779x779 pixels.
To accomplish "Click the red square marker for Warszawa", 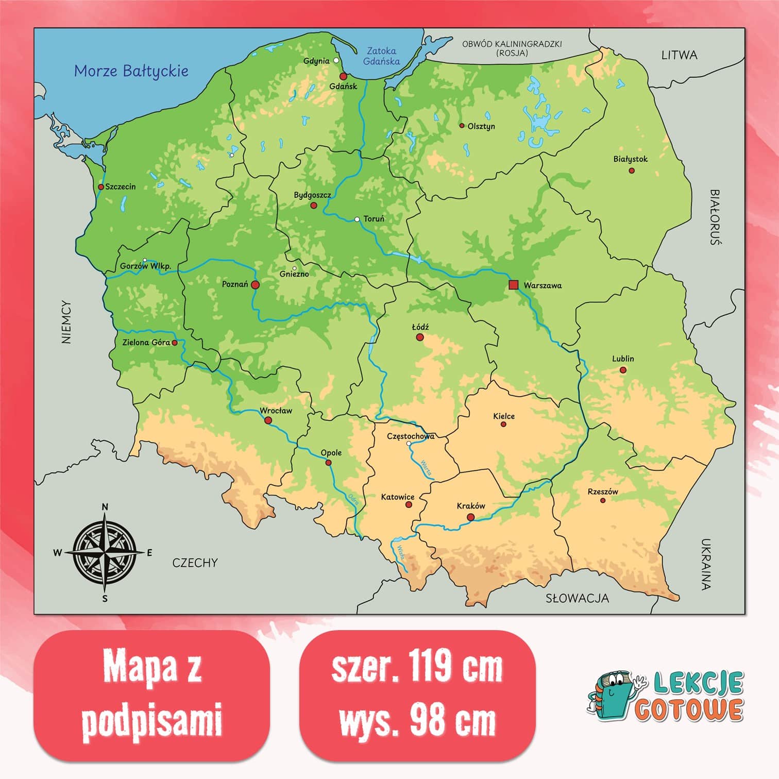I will (513, 285).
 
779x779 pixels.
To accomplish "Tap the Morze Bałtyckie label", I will (131, 71).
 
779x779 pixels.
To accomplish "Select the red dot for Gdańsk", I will (343, 76).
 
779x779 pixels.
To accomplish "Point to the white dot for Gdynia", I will (336, 60).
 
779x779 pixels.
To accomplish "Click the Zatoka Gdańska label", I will (381, 56).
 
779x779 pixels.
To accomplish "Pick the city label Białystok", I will (630, 159).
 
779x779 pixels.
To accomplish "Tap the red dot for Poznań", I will (255, 284).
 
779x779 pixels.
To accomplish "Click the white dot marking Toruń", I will (357, 219).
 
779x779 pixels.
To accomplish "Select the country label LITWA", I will (679, 55).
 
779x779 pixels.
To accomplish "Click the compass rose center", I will (105, 553).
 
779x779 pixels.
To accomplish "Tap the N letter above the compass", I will (105, 507).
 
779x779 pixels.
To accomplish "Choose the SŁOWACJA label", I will (577, 598).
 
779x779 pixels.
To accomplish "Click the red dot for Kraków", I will (470, 517).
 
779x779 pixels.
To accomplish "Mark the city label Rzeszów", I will (602, 492).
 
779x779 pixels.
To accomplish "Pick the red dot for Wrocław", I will (268, 420).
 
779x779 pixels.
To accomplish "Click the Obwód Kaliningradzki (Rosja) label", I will (512, 48).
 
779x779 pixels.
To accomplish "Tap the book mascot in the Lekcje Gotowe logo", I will (612, 696).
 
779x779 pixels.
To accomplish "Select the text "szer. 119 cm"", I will (417, 668).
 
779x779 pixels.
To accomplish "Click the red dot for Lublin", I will (623, 370).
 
